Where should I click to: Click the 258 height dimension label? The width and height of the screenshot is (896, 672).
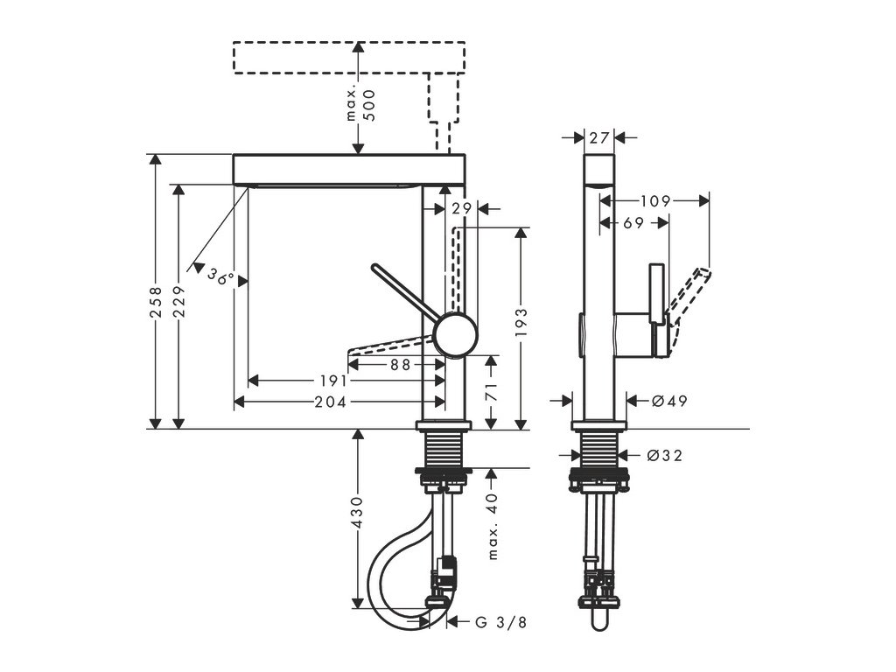(x=155, y=303)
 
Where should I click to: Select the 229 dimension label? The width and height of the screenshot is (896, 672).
(x=178, y=303)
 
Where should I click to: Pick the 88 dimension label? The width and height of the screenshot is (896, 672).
(x=400, y=366)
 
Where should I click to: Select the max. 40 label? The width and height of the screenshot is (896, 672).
(x=492, y=525)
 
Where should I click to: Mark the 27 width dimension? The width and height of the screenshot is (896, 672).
(x=598, y=137)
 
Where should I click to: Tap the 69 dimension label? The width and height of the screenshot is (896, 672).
(x=634, y=223)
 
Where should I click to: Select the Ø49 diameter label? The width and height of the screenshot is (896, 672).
(x=669, y=401)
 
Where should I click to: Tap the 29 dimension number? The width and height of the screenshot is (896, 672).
(x=462, y=208)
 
